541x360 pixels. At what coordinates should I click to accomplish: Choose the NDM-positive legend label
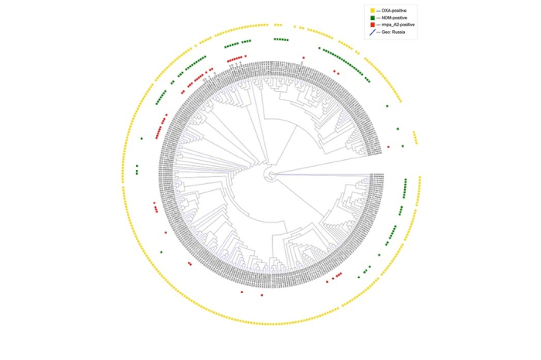coord(396,18)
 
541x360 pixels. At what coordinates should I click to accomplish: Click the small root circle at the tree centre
coord(270,176)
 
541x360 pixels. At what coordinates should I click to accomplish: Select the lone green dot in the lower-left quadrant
coord(161,252)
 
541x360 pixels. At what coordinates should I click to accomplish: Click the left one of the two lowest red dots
coord(242,292)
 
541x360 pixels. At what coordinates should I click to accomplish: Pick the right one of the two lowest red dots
coord(262,295)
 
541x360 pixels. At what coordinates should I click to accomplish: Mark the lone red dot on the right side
coord(389,146)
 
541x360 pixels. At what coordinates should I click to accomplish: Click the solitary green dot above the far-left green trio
coord(142,138)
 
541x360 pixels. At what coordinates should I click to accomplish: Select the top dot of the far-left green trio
coord(137,165)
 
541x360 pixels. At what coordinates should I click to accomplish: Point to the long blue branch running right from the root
coord(325,175)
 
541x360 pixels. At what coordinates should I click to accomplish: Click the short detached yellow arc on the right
coord(415,138)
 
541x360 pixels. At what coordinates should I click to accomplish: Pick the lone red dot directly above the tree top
coord(305,58)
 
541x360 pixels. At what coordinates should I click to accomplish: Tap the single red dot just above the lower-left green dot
coord(166,232)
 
